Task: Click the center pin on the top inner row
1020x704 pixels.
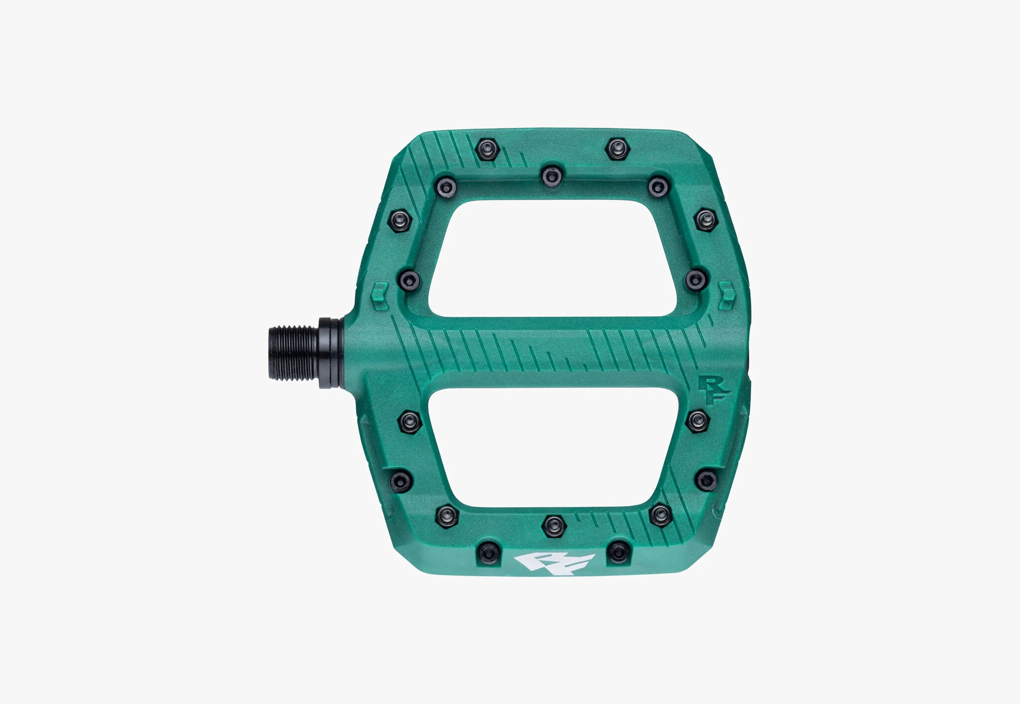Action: pos(552,176)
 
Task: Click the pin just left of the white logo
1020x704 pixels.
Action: pos(488,552)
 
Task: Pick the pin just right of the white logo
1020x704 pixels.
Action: pos(619,552)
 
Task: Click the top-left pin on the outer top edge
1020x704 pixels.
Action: pos(487,149)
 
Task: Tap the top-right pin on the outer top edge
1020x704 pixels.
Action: pos(618,148)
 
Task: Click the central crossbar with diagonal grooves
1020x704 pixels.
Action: pos(548,351)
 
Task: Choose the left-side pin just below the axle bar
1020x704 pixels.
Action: pos(410,422)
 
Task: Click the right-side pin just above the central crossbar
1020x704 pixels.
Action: pos(696,280)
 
